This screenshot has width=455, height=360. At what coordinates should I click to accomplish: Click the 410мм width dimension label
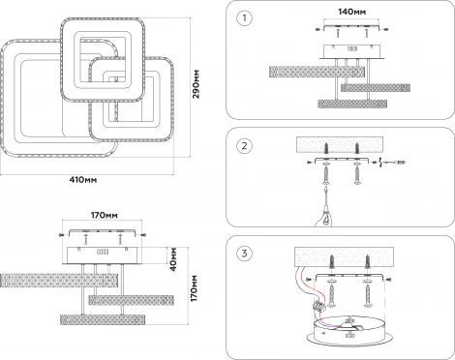pos(83,180)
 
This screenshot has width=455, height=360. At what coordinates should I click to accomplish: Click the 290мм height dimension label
pos(197,84)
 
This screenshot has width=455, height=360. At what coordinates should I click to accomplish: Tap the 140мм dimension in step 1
pos(351,12)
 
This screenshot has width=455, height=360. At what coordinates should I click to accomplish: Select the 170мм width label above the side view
pos(104,215)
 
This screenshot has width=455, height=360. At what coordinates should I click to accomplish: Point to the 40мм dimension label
pos(173,259)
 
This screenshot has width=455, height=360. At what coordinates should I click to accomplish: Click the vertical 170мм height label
pos(194,288)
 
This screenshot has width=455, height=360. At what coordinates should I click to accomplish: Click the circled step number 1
pos(244,18)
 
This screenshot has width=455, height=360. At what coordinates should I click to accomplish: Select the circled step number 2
pos(244,146)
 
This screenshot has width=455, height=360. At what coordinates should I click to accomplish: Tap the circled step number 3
pos(244,254)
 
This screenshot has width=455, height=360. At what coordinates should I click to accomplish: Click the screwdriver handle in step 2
pos(325,219)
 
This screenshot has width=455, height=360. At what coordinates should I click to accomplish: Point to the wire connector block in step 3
pos(318,306)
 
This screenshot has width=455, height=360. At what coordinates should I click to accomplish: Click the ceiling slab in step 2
pos(340,144)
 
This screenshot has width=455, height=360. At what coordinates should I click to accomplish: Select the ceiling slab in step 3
pos(344,257)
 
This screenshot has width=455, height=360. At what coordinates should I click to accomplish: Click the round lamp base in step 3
pos(349,332)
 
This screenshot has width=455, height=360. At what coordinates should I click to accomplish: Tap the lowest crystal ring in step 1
pos(352,104)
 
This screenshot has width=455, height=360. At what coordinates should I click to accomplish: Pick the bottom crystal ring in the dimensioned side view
pos(103,319)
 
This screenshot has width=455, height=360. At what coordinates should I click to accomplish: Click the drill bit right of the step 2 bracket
pos(393,163)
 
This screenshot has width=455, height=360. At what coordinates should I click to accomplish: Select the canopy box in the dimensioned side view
pos(103,255)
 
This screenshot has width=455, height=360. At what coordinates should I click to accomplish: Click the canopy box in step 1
pos(352,51)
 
